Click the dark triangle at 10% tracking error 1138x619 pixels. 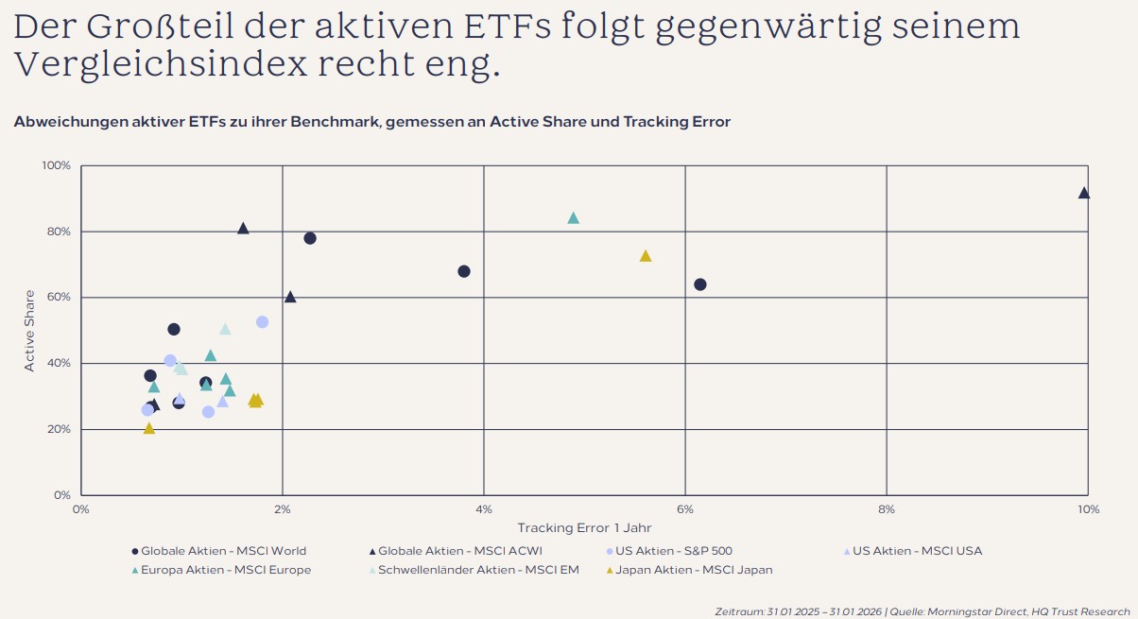pos(1084,193)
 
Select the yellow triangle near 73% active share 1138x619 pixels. pos(646,256)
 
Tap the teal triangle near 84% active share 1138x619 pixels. pos(573,218)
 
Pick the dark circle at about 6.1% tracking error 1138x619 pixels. pos(700,284)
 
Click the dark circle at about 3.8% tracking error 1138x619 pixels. pos(464,271)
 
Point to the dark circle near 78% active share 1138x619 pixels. pos(310,238)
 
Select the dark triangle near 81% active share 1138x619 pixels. pos(243,229)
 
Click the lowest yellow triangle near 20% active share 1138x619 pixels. pos(148,429)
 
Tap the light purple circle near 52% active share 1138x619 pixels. pos(263,322)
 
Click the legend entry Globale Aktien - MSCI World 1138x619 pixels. pos(223,551)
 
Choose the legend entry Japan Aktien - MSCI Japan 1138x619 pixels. pos(694,570)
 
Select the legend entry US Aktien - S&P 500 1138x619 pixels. pos(673,551)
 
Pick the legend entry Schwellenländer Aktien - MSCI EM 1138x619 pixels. pos(478,570)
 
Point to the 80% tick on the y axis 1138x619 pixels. pos(58,232)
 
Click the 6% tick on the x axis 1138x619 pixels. pos(685,509)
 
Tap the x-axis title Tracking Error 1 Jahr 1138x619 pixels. pos(584,528)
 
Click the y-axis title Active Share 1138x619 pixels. pos(29,331)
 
